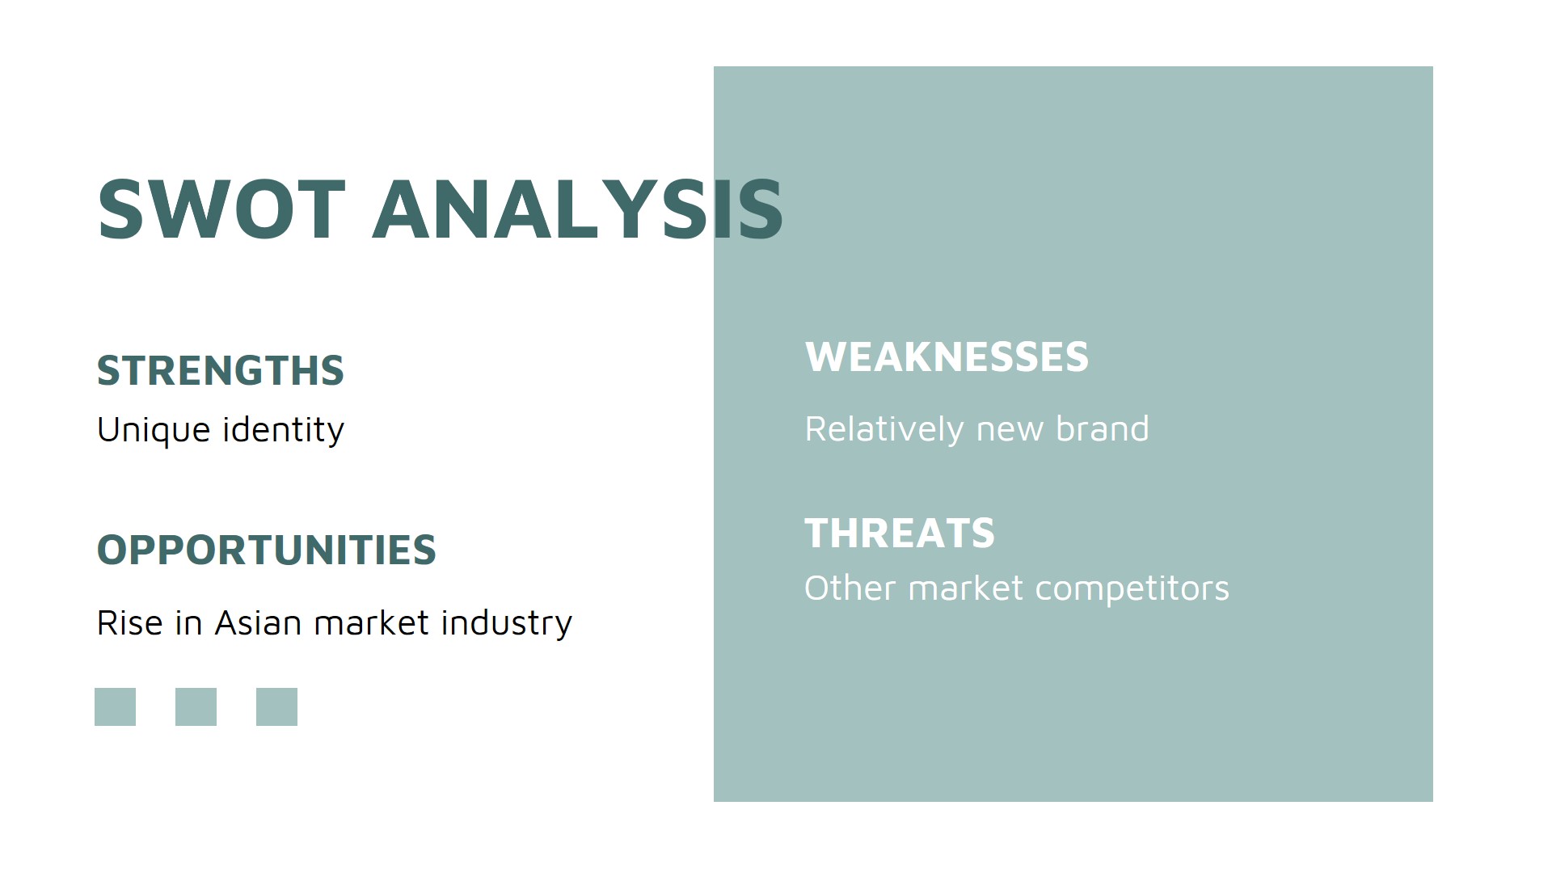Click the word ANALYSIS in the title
tap(577, 210)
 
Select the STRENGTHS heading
tap(220, 371)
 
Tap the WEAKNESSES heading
tap(946, 357)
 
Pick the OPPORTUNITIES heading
tap(266, 550)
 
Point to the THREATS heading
tap(899, 533)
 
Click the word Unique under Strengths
tap(154, 430)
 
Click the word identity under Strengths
tap(283, 430)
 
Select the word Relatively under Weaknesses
tap(884, 429)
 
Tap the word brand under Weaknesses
tap(1102, 429)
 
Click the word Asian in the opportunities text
tap(258, 623)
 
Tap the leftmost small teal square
tap(115, 706)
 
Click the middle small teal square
tap(196, 706)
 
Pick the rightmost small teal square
tap(276, 706)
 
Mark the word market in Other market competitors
tap(965, 588)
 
